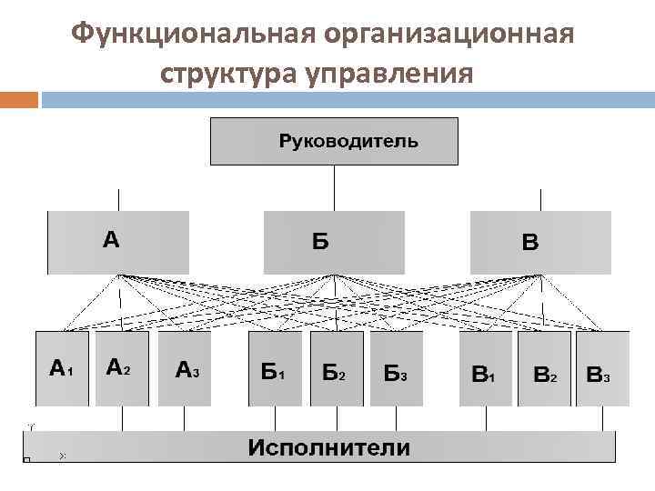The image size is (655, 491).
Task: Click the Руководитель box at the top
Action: [334, 141]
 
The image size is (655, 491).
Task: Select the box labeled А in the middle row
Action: [117, 242]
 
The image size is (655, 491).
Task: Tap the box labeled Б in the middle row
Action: [334, 242]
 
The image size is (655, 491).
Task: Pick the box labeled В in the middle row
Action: [540, 242]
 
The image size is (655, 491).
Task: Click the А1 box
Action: [62, 368]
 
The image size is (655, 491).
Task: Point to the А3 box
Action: [185, 368]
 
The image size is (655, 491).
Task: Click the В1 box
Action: [485, 368]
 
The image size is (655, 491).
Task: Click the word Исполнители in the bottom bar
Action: [328, 448]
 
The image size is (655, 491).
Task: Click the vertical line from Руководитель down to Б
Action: [334, 188]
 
